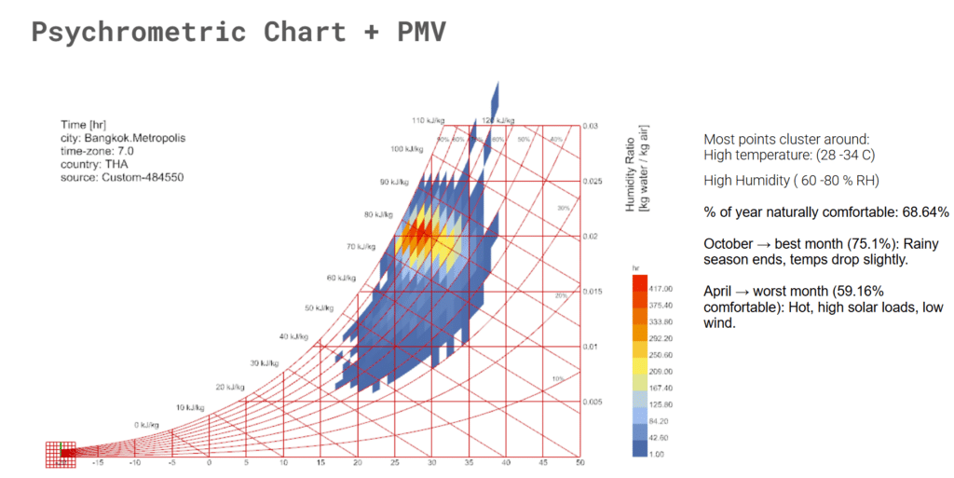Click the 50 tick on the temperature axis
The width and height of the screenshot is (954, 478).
pos(579,463)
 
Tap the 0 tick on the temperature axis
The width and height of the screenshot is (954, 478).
pos(209,463)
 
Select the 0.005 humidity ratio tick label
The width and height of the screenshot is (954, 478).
pos(594,403)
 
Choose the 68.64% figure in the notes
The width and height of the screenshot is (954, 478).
pos(919,212)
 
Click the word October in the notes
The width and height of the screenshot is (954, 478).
pos(728,244)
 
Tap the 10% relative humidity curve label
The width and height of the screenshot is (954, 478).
pos(558,379)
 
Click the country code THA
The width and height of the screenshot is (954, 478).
pos(116,164)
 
